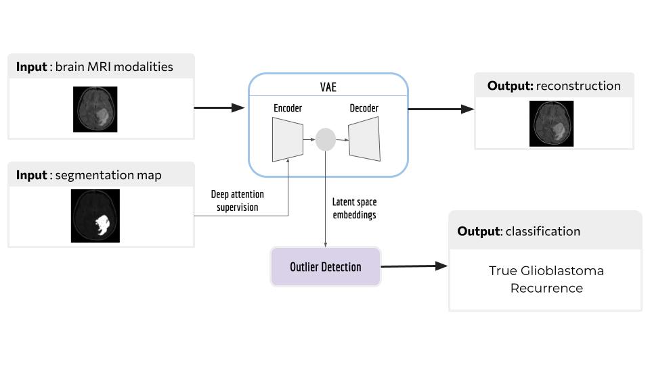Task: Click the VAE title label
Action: pos(328,87)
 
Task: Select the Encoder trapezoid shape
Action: pos(287,140)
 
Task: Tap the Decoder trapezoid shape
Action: pos(365,139)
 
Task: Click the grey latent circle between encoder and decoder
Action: pos(326,139)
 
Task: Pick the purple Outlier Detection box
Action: pos(326,266)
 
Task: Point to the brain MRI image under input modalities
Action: pos(95,109)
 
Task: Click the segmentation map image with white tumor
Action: pos(95,216)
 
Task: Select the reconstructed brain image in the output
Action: pos(551,123)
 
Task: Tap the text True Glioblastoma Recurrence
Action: pos(546,279)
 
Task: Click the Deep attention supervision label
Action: pos(237,201)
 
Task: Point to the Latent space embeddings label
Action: pos(354,208)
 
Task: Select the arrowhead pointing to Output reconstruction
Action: pos(468,109)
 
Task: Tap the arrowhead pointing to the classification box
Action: pos(441,266)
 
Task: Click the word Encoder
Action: pos(288,108)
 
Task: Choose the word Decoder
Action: pos(364,108)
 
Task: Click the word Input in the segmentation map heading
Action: pos(31,176)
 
